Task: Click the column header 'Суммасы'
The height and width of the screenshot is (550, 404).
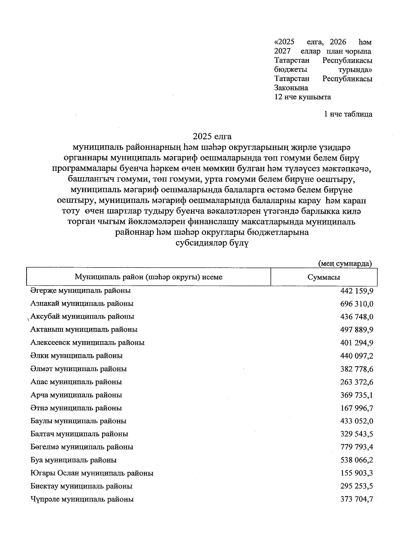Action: (324, 277)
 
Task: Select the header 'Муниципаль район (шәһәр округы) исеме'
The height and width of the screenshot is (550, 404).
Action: (148, 277)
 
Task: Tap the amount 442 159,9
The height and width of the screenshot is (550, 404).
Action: (357, 291)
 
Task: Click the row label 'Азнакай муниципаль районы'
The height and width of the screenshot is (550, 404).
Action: (82, 303)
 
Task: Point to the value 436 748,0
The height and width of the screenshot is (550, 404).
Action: (357, 317)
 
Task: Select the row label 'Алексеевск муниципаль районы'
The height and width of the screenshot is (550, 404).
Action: (88, 343)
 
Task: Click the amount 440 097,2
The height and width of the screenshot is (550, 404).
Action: (357, 356)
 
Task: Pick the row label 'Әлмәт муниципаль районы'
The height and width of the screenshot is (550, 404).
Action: (78, 369)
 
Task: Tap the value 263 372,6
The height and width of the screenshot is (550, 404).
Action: (357, 382)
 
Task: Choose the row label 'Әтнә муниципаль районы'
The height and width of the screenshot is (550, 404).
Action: (76, 408)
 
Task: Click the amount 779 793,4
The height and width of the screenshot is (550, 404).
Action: (357, 447)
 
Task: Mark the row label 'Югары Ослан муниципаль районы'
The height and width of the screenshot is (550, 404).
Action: (92, 473)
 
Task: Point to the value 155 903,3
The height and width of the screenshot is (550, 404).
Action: (357, 474)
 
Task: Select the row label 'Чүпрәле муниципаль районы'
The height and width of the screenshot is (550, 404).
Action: (82, 499)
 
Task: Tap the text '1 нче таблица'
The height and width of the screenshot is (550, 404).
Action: (348, 114)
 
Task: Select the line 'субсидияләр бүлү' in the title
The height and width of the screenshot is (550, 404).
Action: (212, 244)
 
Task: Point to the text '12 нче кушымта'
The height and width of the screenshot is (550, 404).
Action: (303, 97)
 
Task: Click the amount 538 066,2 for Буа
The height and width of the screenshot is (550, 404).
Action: (357, 461)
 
